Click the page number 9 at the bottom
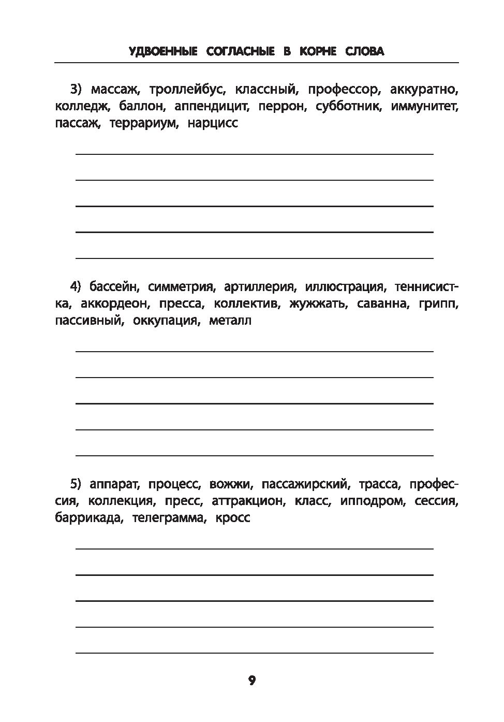[x=252, y=681]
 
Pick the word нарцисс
[x=213, y=124]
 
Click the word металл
[x=230, y=321]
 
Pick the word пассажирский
[x=303, y=484]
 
